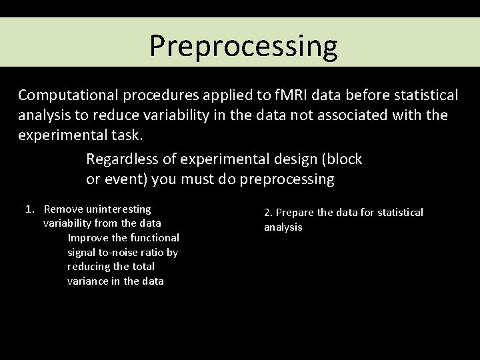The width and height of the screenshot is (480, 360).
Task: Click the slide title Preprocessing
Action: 243,46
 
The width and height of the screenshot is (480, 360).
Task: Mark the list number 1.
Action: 29,209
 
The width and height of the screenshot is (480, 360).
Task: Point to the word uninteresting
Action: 117,209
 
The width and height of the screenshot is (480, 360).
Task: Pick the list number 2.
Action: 268,213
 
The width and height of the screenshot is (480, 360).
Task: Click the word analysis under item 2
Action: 283,227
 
